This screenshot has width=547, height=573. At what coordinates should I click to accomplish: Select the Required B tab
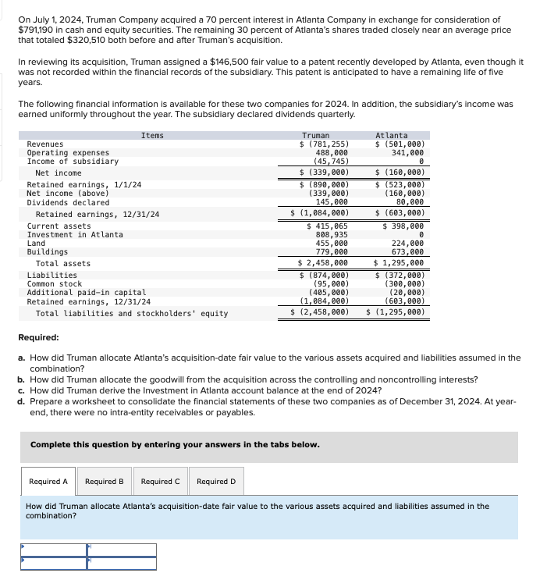tap(105, 482)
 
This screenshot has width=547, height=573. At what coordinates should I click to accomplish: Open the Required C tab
tap(160, 482)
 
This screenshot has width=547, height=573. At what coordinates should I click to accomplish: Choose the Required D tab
tap(216, 482)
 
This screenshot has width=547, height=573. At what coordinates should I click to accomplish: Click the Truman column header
tap(315, 136)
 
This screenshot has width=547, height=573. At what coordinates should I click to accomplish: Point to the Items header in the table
tap(152, 136)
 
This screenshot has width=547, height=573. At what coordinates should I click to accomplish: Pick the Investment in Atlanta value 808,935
tap(331, 235)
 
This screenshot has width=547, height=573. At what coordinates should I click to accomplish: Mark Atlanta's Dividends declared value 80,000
tap(410, 201)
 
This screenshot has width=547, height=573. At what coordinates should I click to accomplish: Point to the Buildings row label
tap(47, 252)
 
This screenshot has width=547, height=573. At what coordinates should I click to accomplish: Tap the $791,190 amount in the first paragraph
tap(39, 29)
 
